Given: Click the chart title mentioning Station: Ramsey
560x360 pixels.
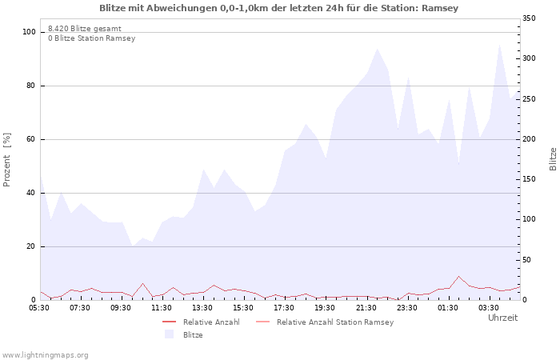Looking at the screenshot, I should [x=279, y=8].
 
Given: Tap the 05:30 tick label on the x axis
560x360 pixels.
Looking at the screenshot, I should [x=39, y=307].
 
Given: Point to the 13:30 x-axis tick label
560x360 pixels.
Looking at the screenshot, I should [x=202, y=307].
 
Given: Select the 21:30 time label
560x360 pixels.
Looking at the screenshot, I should [x=366, y=307].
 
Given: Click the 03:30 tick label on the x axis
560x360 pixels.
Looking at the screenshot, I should [x=488, y=307].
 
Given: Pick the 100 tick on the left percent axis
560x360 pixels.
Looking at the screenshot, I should [x=30, y=32].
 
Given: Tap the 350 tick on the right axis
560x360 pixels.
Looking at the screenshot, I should [x=530, y=18].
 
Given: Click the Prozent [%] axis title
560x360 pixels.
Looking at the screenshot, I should [x=7, y=160].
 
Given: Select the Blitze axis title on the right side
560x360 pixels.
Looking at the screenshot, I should [x=553, y=158].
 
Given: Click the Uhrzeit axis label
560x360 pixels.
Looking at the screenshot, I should [x=502, y=318].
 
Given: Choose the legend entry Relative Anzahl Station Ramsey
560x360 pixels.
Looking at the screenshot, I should [x=334, y=322].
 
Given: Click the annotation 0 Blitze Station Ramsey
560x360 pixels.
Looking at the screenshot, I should [x=91, y=38].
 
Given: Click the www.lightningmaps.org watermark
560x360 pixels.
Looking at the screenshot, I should [x=45, y=354].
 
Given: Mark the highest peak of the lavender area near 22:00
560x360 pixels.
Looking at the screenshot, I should [x=377, y=48].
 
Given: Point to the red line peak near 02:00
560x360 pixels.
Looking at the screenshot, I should [x=458, y=277].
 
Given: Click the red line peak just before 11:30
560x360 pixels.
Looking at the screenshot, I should [x=142, y=283].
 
